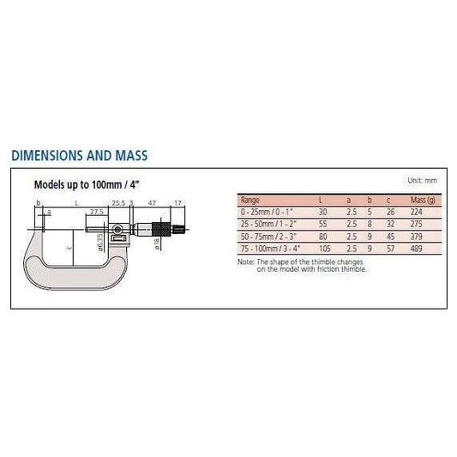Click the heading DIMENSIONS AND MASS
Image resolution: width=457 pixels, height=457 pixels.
pos(80,157)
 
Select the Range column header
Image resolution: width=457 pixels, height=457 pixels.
pos(251,199)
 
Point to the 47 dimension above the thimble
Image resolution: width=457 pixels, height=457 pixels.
pos(151,204)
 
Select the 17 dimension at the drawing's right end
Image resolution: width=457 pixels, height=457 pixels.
pos(177,204)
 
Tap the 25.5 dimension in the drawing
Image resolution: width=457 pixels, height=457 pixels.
pos(117,204)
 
